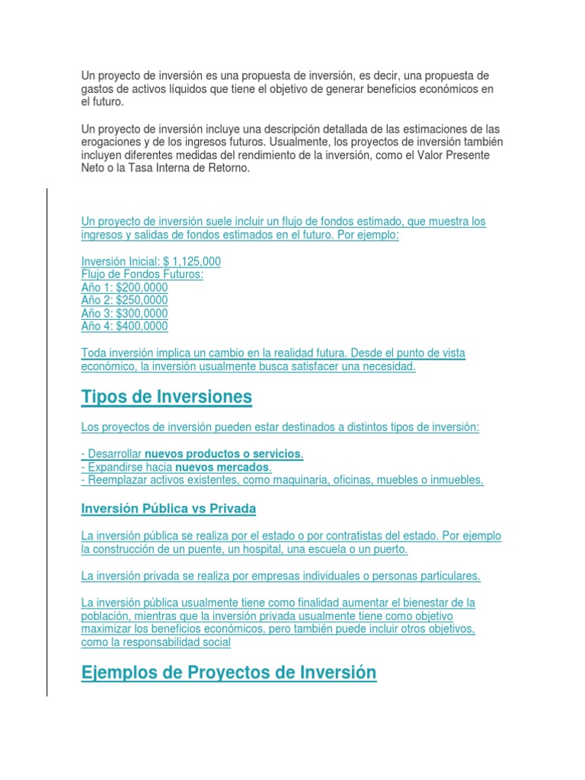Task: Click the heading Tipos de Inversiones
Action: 166,397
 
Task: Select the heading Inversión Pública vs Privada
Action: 168,507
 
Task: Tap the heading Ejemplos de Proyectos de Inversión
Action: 229,673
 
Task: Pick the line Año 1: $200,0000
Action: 124,287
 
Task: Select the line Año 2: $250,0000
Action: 124,300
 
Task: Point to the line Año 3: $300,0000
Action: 124,313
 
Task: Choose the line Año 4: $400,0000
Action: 124,326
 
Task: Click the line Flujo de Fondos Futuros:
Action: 142,274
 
